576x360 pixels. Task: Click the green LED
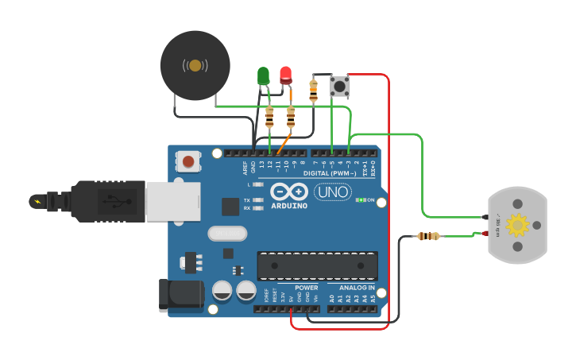pos(263,75)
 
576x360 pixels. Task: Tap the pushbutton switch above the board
pos(339,86)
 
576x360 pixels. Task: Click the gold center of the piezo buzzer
pos(195,65)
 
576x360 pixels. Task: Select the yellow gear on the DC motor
pos(518,226)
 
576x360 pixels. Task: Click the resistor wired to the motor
pos(428,236)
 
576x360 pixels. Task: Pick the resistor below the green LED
pos(270,118)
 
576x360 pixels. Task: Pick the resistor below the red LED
pos(291,118)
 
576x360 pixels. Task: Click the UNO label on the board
pos(333,192)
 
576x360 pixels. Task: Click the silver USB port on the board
pos(173,200)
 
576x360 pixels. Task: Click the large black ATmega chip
pos(317,265)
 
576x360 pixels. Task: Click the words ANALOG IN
pos(357,288)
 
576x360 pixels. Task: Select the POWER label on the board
pos(306,288)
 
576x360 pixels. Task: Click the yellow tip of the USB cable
pos(37,201)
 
